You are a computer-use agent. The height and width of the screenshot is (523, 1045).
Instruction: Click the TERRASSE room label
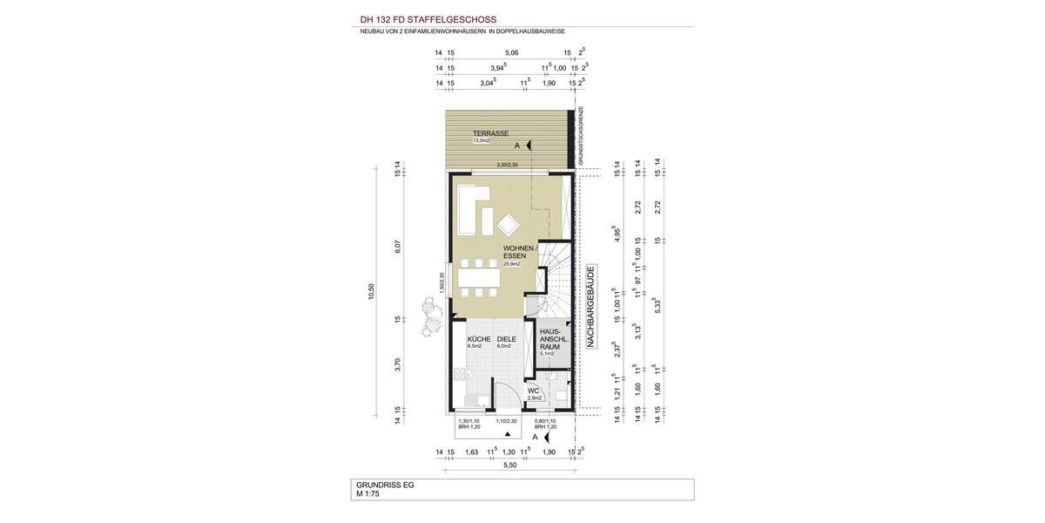tap(490, 133)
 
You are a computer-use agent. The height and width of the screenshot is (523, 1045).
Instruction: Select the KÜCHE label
tap(479, 339)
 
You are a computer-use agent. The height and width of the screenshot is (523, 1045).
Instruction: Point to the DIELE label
tap(506, 339)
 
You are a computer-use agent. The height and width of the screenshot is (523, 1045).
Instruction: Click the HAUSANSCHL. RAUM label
tap(554, 339)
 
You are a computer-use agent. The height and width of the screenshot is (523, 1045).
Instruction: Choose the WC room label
tap(534, 391)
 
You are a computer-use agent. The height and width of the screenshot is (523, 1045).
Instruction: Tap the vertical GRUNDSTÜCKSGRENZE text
tap(581, 136)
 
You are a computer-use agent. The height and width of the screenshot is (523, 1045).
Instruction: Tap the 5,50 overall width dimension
tap(510, 465)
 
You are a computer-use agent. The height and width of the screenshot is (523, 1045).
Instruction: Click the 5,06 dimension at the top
tap(511, 53)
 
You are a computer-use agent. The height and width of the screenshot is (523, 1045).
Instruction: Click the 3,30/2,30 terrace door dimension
tap(507, 165)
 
